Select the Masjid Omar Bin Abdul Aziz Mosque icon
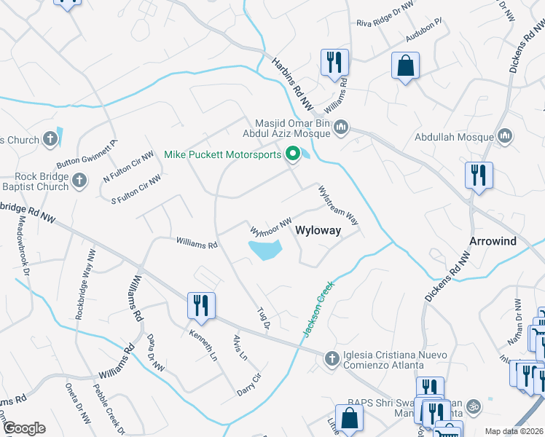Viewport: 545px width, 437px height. tap(340, 130)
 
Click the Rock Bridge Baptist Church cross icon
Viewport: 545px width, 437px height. tap(80, 179)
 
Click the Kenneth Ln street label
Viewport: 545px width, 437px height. tap(203, 345)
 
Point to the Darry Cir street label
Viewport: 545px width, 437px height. tap(248, 385)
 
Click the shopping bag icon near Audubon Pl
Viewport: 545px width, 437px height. tap(405, 66)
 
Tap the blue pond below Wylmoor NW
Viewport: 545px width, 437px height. tap(265, 250)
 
